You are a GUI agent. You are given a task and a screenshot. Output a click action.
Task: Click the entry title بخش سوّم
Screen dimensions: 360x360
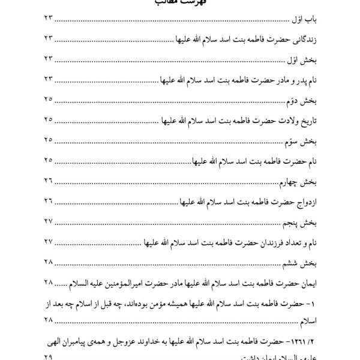click(x=300, y=141)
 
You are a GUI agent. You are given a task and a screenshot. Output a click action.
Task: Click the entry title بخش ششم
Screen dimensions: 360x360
click(x=299, y=262)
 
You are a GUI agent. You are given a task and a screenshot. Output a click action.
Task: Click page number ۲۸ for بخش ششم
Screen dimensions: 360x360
click(x=49, y=262)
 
